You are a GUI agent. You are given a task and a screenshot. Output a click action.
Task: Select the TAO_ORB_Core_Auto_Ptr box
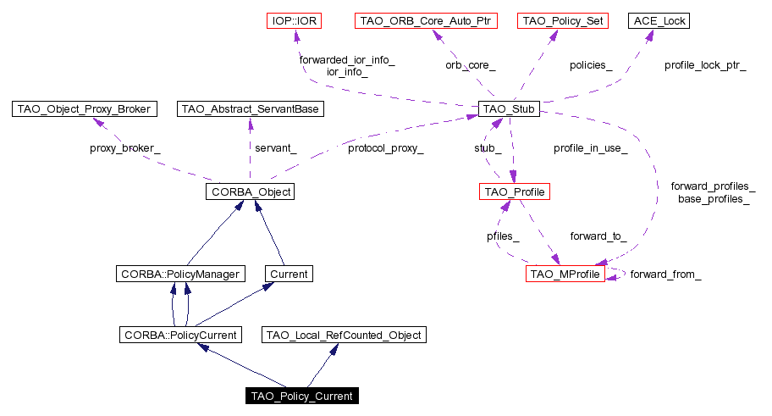[x=425, y=20]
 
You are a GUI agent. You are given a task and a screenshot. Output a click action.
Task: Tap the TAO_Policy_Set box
[x=562, y=20]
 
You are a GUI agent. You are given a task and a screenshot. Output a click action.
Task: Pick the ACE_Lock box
[x=657, y=20]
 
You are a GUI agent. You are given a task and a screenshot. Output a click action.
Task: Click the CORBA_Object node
[x=249, y=191]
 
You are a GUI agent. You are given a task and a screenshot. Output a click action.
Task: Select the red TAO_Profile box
[x=514, y=191]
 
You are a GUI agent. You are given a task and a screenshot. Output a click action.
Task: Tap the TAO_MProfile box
[x=565, y=274]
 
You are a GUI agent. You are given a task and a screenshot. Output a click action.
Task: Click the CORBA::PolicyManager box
[x=180, y=274]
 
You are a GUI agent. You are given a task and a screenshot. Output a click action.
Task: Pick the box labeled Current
[x=288, y=274]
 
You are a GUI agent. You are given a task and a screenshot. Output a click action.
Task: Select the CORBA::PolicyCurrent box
[x=179, y=336]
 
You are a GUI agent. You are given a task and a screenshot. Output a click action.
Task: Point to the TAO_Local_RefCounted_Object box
[x=344, y=336]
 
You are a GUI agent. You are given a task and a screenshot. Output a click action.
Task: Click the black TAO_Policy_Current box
[x=301, y=396]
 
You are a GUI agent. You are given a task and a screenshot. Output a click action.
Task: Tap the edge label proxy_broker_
[x=124, y=148]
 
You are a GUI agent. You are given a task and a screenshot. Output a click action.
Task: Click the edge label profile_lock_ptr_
[x=705, y=64]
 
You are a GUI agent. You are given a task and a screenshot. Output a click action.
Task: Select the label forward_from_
[x=665, y=275]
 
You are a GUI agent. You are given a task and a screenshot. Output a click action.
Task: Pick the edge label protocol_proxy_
[x=385, y=148]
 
